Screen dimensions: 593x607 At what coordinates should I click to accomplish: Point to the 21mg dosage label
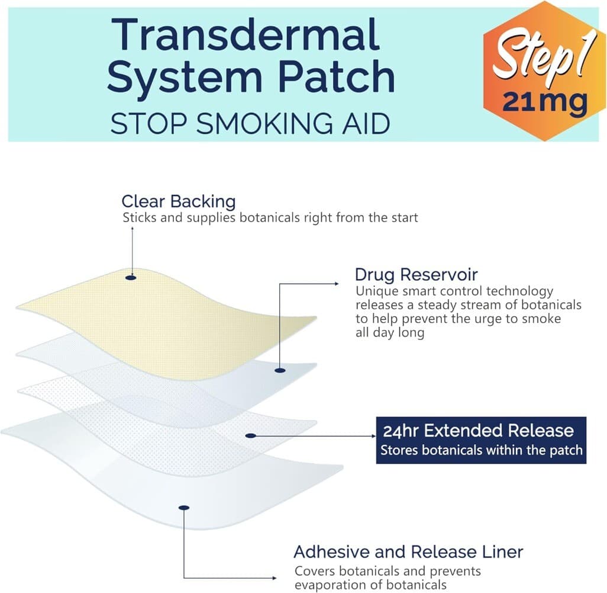pyautogui.click(x=545, y=102)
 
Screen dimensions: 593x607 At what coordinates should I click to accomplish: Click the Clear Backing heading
pyautogui.click(x=178, y=201)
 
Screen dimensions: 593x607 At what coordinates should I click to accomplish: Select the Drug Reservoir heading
pyautogui.click(x=416, y=274)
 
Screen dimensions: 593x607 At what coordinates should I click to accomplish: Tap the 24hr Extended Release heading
pyautogui.click(x=478, y=430)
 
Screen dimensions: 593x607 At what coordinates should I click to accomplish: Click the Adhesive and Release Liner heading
pyautogui.click(x=408, y=552)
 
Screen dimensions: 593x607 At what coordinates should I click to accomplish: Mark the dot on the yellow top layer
pyautogui.click(x=131, y=277)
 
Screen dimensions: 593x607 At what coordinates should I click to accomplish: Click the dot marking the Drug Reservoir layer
pyautogui.click(x=280, y=370)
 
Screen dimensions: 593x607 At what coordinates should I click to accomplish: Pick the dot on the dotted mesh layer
pyautogui.click(x=251, y=435)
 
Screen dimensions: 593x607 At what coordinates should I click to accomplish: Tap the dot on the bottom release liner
pyautogui.click(x=184, y=508)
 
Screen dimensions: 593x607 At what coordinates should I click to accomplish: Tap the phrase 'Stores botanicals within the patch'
pyautogui.click(x=481, y=450)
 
